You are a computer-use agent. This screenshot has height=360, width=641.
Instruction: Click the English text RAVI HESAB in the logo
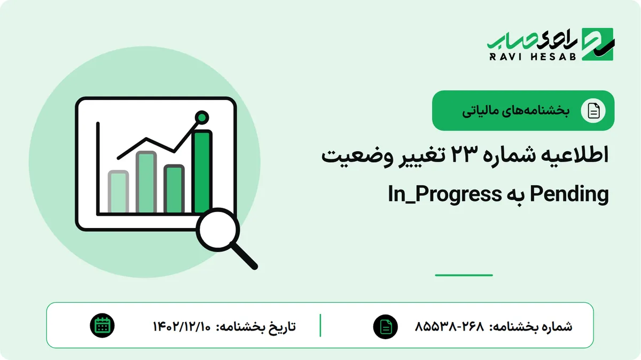533,57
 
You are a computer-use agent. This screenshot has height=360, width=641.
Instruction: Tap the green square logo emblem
598,44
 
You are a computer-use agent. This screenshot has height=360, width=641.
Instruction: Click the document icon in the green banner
593,111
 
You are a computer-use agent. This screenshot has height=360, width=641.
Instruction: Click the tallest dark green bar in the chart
202,171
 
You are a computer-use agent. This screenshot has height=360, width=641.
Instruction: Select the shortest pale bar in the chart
118,191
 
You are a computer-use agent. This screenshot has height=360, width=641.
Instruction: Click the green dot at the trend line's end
202,118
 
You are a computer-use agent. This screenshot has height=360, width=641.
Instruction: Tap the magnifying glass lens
218,230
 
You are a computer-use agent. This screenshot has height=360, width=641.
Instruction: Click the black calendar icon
102,326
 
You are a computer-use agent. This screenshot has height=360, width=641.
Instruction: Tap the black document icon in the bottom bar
386,327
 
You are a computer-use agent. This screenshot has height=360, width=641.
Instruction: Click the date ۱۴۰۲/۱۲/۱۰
182,326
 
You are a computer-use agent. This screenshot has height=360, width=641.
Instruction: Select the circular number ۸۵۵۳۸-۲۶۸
449,326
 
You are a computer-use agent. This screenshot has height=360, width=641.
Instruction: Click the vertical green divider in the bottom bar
320,325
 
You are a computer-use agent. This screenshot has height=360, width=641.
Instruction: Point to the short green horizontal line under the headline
464,275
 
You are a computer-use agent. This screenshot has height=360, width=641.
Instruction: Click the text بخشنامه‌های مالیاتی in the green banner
515,111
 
